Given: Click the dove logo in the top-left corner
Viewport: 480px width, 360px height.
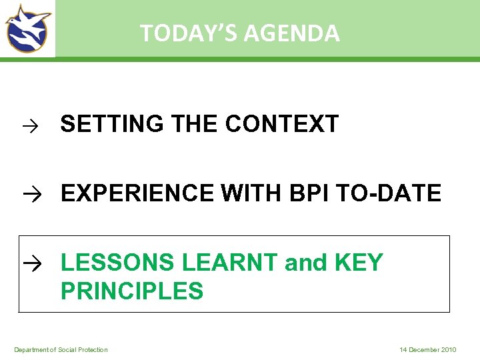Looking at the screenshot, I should pos(28,28).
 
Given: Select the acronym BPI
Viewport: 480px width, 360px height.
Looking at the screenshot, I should pos(310,193).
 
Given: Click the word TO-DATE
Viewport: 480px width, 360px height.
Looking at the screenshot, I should pos(390,193).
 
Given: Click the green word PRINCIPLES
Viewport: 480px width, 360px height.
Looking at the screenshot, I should pos(132,291).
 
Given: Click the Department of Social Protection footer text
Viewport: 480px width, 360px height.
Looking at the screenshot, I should pos(61,350).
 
